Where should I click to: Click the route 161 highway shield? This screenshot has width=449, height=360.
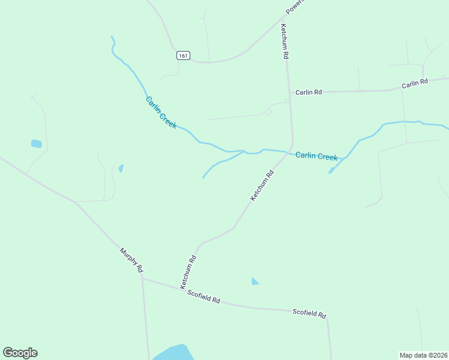pos(184,55)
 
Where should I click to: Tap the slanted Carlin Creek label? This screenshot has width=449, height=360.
pos(161,112)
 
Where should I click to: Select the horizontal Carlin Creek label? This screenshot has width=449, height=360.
pos(316,156)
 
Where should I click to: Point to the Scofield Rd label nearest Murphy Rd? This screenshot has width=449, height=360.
pos(203,296)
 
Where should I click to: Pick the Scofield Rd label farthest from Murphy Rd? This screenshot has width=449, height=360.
pos(309,313)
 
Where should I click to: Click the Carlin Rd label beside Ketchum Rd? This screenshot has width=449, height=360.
pos(309,92)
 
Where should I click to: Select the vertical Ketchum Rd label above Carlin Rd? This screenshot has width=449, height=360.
pos(286,41)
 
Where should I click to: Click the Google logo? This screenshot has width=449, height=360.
pos(20,353)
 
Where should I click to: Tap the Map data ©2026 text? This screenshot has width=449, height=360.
pos(423,355)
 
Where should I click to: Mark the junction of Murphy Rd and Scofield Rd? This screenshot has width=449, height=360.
pos(142,277)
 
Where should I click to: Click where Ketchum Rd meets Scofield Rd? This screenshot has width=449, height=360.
pos(181,289)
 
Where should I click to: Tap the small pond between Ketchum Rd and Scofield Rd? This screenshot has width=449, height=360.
pos(255,281)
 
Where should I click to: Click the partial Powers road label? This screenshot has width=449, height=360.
pos(295,7)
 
